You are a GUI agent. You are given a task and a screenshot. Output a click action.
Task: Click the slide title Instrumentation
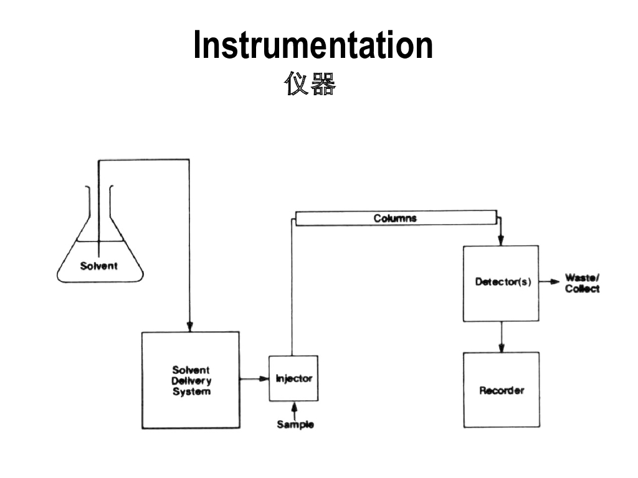313,45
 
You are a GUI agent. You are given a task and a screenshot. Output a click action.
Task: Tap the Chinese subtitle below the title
311,84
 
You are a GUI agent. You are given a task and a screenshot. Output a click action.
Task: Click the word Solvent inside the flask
98,266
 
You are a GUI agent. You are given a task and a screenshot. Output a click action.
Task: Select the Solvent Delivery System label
191,380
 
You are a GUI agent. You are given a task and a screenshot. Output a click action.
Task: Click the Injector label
293,378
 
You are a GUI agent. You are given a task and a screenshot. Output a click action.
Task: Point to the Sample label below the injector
295,424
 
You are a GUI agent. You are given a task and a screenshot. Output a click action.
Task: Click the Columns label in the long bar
395,218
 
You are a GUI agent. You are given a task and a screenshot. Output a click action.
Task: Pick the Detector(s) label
503,282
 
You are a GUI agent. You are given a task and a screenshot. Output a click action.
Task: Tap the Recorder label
501,391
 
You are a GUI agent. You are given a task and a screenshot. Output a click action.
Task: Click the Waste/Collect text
582,283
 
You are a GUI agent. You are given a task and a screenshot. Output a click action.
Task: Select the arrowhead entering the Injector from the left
264,378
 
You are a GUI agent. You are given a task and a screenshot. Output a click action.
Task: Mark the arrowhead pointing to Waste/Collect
554,282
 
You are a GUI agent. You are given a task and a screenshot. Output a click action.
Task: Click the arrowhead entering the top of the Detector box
501,240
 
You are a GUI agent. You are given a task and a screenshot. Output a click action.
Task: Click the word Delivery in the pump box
191,380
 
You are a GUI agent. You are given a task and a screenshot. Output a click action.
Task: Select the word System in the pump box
191,391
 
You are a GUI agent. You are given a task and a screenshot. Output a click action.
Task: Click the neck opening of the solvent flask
100,189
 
